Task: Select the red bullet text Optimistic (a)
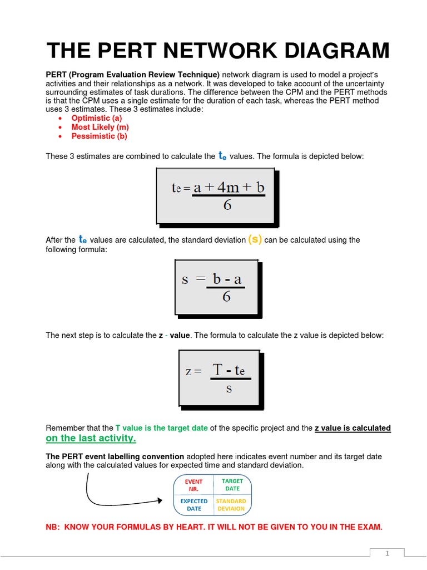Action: point(96,118)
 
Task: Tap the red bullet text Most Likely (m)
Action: point(100,127)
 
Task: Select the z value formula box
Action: point(218,379)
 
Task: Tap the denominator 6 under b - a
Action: point(226,297)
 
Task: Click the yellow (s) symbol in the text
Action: point(255,239)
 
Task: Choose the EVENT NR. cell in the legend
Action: point(193,485)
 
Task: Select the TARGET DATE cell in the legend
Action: point(232,484)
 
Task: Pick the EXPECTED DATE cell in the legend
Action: point(193,505)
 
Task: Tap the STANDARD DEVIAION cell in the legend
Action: point(231,505)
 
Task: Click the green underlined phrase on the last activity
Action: point(91,439)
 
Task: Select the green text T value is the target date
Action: point(161,428)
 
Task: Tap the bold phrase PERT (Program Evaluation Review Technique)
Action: point(133,75)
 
